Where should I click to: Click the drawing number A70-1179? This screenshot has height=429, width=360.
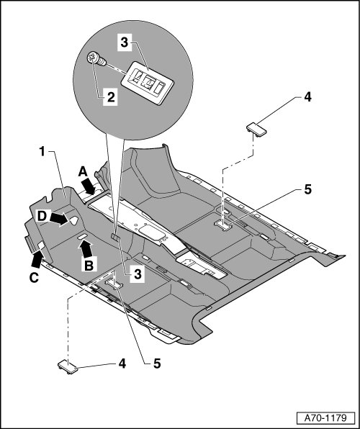coord(325,418)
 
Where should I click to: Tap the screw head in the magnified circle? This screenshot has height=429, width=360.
coord(93,58)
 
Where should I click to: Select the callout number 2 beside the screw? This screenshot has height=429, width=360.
coord(111,97)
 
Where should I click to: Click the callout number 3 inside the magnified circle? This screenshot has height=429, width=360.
coord(125,42)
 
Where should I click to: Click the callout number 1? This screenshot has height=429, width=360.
coord(42,152)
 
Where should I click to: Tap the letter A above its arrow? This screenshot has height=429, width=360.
coord(83,172)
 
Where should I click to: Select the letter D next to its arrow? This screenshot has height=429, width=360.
coord(42,217)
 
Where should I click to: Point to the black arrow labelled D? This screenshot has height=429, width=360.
coord(59,219)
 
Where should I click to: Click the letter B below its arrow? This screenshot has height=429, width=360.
coord(89,265)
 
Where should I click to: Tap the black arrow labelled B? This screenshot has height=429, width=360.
coord(86,249)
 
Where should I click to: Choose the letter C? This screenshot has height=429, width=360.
coord(34,278)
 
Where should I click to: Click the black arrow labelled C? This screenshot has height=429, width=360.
coord(37,259)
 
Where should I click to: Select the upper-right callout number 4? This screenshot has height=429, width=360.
coord(307,97)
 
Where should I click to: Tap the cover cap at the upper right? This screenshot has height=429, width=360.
coord(256,129)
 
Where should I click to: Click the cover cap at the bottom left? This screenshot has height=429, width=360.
coord(68,367)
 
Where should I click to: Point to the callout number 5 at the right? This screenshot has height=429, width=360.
coord(307,189)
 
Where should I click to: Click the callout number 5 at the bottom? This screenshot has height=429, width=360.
coord(157,363)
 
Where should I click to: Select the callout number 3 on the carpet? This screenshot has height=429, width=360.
coord(138,274)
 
